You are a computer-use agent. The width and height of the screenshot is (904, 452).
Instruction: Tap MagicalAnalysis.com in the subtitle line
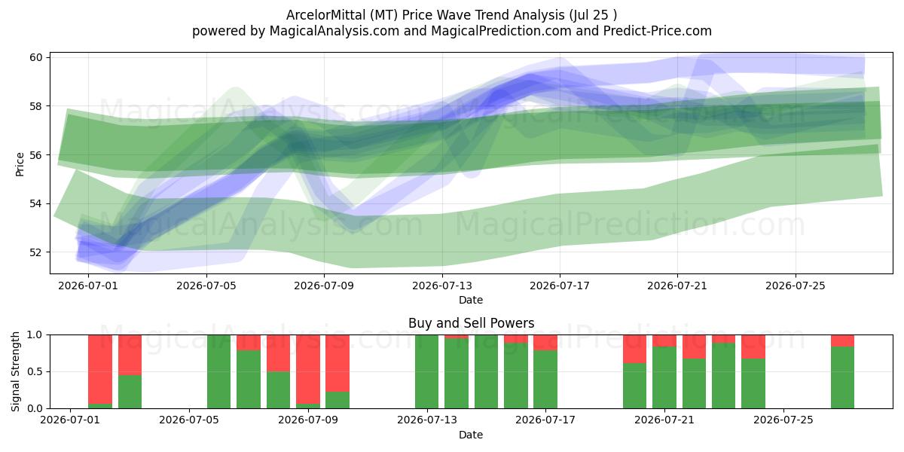click(x=334, y=31)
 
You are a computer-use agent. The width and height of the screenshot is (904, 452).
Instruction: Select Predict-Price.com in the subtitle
click(x=658, y=31)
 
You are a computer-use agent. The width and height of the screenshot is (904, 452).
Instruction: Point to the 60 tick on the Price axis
click(x=36, y=57)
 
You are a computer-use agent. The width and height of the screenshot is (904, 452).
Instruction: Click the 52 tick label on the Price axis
click(x=36, y=252)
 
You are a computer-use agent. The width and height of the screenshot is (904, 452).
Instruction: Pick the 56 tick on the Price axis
click(x=36, y=155)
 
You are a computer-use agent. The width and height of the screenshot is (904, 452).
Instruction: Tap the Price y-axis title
click(x=20, y=164)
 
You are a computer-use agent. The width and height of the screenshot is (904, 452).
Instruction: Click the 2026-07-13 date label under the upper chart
click(x=442, y=286)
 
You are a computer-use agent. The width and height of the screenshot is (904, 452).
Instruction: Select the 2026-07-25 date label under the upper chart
click(x=796, y=286)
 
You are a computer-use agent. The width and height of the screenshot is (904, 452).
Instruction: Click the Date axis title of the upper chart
click(x=471, y=300)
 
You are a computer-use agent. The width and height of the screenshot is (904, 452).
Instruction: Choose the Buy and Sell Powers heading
click(x=471, y=323)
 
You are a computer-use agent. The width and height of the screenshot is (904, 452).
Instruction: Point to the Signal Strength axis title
click(x=15, y=371)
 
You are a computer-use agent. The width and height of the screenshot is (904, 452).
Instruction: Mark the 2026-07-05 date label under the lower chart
click(x=189, y=420)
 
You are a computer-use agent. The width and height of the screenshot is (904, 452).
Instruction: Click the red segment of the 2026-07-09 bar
click(x=308, y=369)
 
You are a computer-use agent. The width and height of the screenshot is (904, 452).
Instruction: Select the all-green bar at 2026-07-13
click(x=426, y=371)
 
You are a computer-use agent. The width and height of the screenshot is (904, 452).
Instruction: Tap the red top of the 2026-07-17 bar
click(x=545, y=343)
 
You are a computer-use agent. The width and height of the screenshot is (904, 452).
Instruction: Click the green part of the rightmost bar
click(x=842, y=377)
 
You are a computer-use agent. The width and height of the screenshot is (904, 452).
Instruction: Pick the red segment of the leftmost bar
click(x=100, y=369)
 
